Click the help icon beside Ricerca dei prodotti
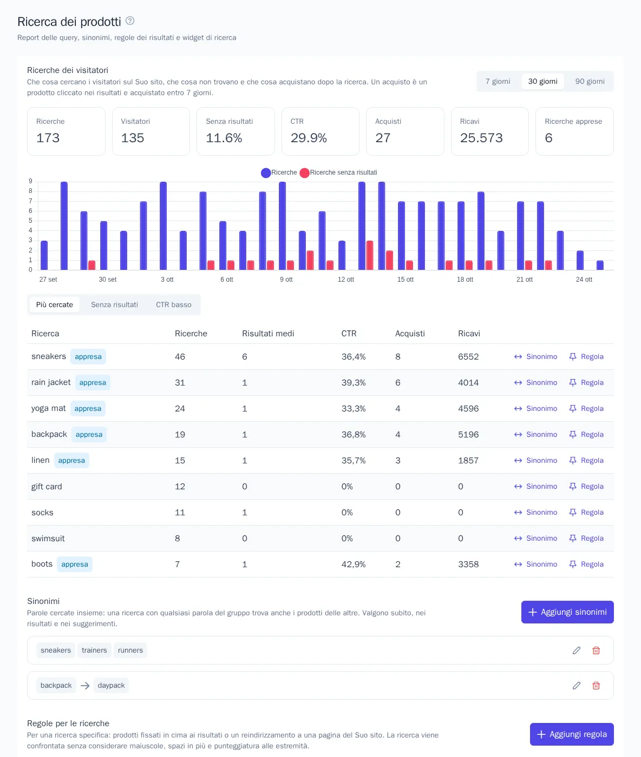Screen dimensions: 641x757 click(130, 21)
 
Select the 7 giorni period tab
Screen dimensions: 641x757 click(498, 81)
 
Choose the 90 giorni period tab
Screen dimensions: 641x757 click(590, 81)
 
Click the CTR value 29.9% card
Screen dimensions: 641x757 click(320, 131)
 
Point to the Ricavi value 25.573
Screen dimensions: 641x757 click(481, 138)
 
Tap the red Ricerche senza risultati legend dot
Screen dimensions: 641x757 click(304, 173)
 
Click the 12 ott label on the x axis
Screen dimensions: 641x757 click(346, 280)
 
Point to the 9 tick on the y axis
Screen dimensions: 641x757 click(30, 181)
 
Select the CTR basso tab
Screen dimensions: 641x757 click(173, 305)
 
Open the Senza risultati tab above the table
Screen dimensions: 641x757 click(114, 305)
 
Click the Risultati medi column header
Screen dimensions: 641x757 click(268, 334)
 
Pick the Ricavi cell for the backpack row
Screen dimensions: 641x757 click(468, 435)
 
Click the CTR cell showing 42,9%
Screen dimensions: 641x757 click(354, 565)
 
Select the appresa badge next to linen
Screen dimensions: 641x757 click(71, 460)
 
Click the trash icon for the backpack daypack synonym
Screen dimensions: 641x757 click(596, 686)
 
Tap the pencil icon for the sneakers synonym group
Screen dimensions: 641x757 click(577, 650)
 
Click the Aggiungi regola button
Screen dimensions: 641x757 click(572, 734)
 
